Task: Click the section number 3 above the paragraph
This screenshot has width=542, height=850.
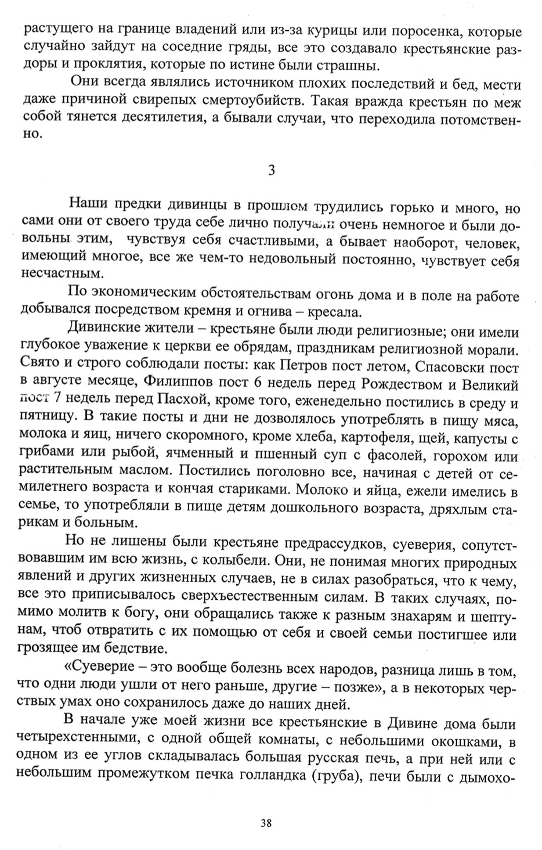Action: coord(271,170)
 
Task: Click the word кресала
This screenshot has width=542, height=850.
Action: coord(331,311)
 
